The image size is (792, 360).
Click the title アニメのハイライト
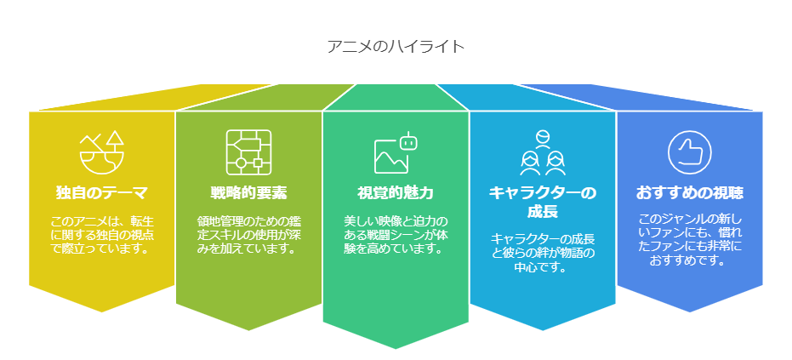(x=396, y=47)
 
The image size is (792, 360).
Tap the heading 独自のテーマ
(x=101, y=192)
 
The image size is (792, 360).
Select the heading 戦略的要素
(x=248, y=192)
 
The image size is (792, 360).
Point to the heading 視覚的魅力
(x=396, y=192)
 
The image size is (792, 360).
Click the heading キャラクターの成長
(x=543, y=202)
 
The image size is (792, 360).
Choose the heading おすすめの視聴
(x=689, y=192)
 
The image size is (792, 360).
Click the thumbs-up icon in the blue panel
(x=689, y=152)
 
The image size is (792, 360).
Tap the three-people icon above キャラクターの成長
(x=543, y=152)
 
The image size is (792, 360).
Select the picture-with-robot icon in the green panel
(x=396, y=152)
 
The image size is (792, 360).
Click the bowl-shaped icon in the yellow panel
(x=101, y=152)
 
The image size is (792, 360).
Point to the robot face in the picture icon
(x=408, y=141)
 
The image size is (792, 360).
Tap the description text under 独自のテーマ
(x=101, y=235)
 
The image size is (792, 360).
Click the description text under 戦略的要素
(x=248, y=235)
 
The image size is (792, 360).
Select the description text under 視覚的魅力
(x=396, y=235)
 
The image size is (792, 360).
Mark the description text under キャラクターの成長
(x=543, y=252)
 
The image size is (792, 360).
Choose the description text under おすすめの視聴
(x=689, y=240)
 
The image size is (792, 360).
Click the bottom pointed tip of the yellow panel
(x=102, y=312)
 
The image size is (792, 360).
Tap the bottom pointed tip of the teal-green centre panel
(x=396, y=349)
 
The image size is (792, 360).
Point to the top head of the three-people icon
(x=543, y=136)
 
